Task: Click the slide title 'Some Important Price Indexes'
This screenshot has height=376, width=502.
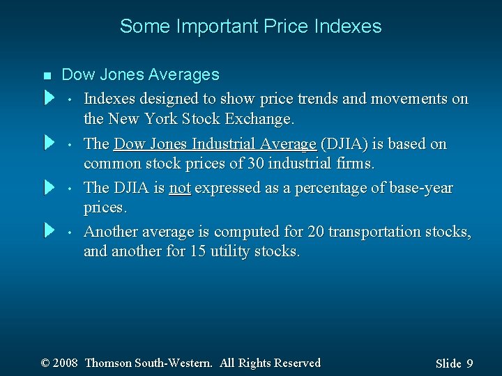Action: tap(250, 26)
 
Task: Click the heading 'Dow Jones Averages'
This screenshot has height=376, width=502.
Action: tap(140, 75)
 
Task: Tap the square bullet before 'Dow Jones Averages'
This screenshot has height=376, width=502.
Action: tap(46, 75)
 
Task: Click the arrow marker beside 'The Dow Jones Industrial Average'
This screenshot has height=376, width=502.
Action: tap(49, 142)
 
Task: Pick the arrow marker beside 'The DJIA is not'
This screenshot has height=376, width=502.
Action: tap(49, 187)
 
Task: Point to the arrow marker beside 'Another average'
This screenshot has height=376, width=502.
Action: tap(49, 229)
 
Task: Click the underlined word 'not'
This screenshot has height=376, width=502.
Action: tap(179, 188)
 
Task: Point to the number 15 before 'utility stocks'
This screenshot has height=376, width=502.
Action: tap(196, 251)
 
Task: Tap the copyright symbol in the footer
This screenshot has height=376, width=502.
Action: tap(46, 363)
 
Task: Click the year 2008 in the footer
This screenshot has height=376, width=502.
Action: tap(65, 363)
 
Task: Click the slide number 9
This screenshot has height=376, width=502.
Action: tap(469, 363)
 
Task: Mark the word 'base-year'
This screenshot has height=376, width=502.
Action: tap(418, 188)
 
